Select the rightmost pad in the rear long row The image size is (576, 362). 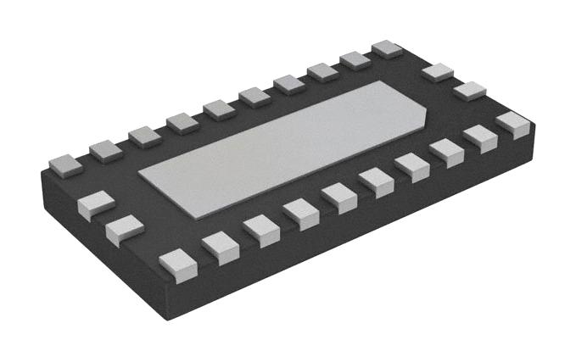(x=387, y=48)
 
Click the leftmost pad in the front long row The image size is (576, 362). (x=178, y=264)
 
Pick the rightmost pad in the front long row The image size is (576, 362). (x=513, y=124)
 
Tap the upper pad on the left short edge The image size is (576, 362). (x=96, y=204)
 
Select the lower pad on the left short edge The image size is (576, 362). (x=125, y=229)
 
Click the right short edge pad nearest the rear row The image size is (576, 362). (x=438, y=71)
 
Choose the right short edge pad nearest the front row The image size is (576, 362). (x=469, y=89)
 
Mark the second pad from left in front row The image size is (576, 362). (x=220, y=247)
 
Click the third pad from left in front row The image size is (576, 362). (x=260, y=229)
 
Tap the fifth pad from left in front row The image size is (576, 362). (x=339, y=196)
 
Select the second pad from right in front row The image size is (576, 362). (x=480, y=137)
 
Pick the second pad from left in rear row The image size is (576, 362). (x=106, y=150)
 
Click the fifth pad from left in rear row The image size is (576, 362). (x=219, y=109)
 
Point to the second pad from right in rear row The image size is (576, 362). (x=355, y=59)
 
